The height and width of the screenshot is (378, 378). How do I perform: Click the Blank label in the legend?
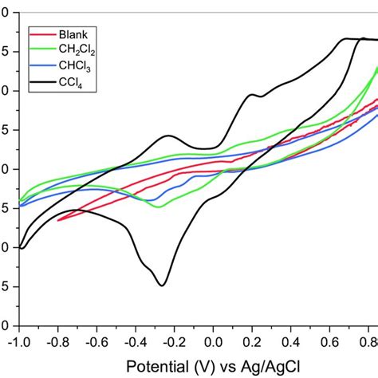pyautogui.click(x=73, y=34)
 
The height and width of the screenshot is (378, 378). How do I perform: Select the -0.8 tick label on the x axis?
pyautogui.click(x=57, y=341)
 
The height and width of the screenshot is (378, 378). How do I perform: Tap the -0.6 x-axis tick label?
pyautogui.click(x=96, y=341)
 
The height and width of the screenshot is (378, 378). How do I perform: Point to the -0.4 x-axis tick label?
pyautogui.click(x=135, y=341)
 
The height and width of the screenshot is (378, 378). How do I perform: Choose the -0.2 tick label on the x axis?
pyautogui.click(x=174, y=341)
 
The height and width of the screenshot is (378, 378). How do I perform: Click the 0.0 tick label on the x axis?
pyautogui.click(x=214, y=341)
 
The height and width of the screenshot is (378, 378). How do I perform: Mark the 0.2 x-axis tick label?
pyautogui.click(x=253, y=341)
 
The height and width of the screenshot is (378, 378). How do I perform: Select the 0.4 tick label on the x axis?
pyautogui.click(x=292, y=341)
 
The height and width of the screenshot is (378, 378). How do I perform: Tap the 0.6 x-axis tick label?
pyautogui.click(x=331, y=341)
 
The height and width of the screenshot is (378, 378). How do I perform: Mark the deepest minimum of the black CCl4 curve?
pyautogui.click(x=163, y=285)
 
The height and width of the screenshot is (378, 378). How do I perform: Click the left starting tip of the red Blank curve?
pyautogui.click(x=58, y=220)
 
